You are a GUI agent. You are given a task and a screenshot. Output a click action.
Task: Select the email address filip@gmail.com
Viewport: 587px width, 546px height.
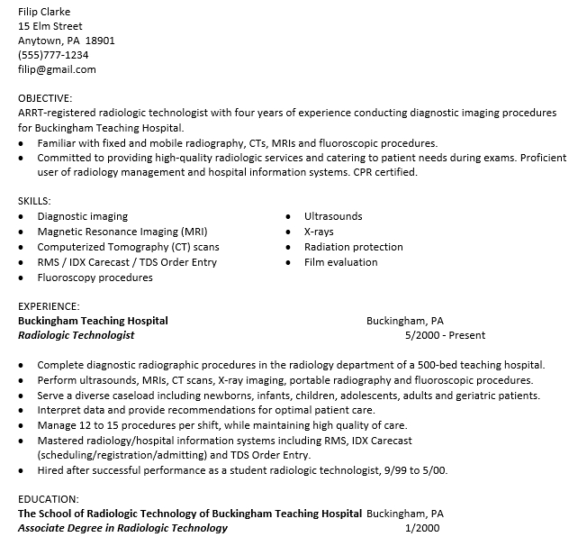(x=57, y=69)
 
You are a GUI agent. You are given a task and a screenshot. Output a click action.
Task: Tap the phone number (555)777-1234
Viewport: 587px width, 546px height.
(x=53, y=55)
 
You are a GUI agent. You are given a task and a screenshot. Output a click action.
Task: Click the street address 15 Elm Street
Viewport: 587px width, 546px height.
(x=50, y=26)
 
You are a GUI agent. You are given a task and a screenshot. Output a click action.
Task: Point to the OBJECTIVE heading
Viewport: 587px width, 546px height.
(x=45, y=98)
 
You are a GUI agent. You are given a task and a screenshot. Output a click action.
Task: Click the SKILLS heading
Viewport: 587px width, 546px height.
(x=34, y=201)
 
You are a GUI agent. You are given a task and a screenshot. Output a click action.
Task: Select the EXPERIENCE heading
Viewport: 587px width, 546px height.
(x=49, y=306)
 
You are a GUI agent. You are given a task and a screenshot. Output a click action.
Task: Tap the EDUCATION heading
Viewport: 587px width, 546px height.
(x=48, y=498)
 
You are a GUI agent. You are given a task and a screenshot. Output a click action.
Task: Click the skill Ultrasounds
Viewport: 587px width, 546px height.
(x=333, y=216)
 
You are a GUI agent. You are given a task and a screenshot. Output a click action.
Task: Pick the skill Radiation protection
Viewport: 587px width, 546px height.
(x=353, y=247)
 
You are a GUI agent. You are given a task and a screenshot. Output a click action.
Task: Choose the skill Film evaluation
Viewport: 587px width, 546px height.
(x=340, y=262)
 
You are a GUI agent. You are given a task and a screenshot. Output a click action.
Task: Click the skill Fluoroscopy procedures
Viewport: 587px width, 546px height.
(x=95, y=278)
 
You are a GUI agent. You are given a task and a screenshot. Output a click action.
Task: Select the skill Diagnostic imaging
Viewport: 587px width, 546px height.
(x=82, y=216)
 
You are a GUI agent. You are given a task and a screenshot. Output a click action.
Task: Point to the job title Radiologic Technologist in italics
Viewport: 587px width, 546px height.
(x=77, y=335)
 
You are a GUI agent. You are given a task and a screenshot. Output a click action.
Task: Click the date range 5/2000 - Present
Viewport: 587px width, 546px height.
(x=445, y=335)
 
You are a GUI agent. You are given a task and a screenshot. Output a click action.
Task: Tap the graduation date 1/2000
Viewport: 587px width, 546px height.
(x=422, y=528)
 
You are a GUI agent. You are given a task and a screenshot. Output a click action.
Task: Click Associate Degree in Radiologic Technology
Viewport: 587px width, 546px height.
(x=122, y=528)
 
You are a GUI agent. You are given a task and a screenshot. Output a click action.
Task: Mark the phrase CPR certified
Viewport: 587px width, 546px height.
(x=384, y=172)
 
